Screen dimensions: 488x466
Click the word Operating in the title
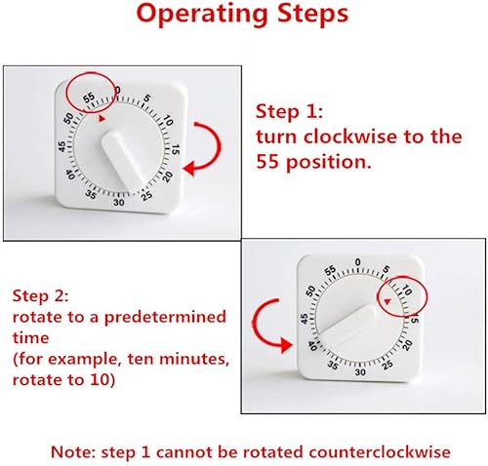[203, 15]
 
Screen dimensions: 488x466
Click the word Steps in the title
[312, 13]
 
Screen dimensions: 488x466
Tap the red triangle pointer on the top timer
[102, 119]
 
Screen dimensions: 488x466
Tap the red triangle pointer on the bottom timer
[386, 301]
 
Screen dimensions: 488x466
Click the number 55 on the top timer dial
[89, 97]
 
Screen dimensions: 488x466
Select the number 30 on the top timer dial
[119, 203]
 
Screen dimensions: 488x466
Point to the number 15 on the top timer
[176, 149]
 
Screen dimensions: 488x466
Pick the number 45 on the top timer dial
[61, 146]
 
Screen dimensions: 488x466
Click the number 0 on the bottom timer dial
[358, 262]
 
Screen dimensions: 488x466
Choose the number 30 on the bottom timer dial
[360, 371]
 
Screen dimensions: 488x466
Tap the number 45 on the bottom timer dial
[305, 319]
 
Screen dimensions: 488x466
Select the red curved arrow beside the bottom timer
[257, 325]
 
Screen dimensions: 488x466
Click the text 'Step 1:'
[289, 111]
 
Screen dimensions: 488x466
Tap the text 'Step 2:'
[40, 295]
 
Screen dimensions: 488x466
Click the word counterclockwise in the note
[380, 452]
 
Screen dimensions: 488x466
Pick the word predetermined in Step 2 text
[165, 317]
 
